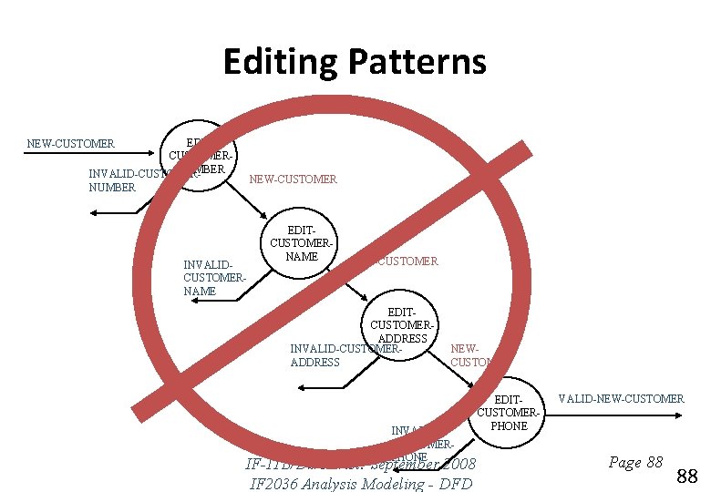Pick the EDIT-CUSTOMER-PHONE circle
pyautogui.click(x=509, y=413)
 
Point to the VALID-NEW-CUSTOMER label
pyautogui.click(x=620, y=399)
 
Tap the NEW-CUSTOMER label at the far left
pyautogui.click(x=71, y=143)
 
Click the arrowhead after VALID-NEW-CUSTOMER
pyautogui.click(x=677, y=415)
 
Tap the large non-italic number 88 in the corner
pyautogui.click(x=687, y=475)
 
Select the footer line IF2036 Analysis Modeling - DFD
pyautogui.click(x=361, y=483)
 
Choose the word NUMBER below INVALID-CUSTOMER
pyautogui.click(x=111, y=187)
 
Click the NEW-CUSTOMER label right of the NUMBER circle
pyautogui.click(x=293, y=179)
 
